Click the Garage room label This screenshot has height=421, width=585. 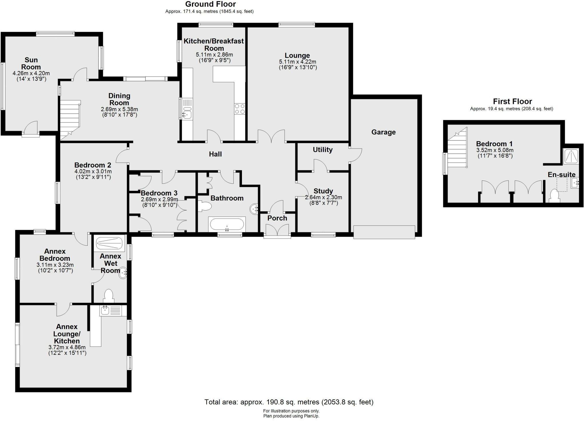tap(383, 132)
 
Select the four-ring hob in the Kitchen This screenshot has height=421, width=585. tap(240, 109)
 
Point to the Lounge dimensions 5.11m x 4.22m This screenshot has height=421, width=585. tap(297, 62)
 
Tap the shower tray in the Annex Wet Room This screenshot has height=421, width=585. tap(109, 243)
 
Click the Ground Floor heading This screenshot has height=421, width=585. tap(211, 4)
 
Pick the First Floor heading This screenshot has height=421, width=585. tap(512, 101)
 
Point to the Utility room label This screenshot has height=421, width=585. tap(322, 150)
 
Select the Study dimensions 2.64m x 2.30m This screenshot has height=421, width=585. tap(323, 197)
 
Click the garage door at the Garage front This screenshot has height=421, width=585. tap(384, 232)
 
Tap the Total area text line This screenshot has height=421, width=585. tap(289, 402)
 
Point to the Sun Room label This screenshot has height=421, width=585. tap(31, 63)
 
